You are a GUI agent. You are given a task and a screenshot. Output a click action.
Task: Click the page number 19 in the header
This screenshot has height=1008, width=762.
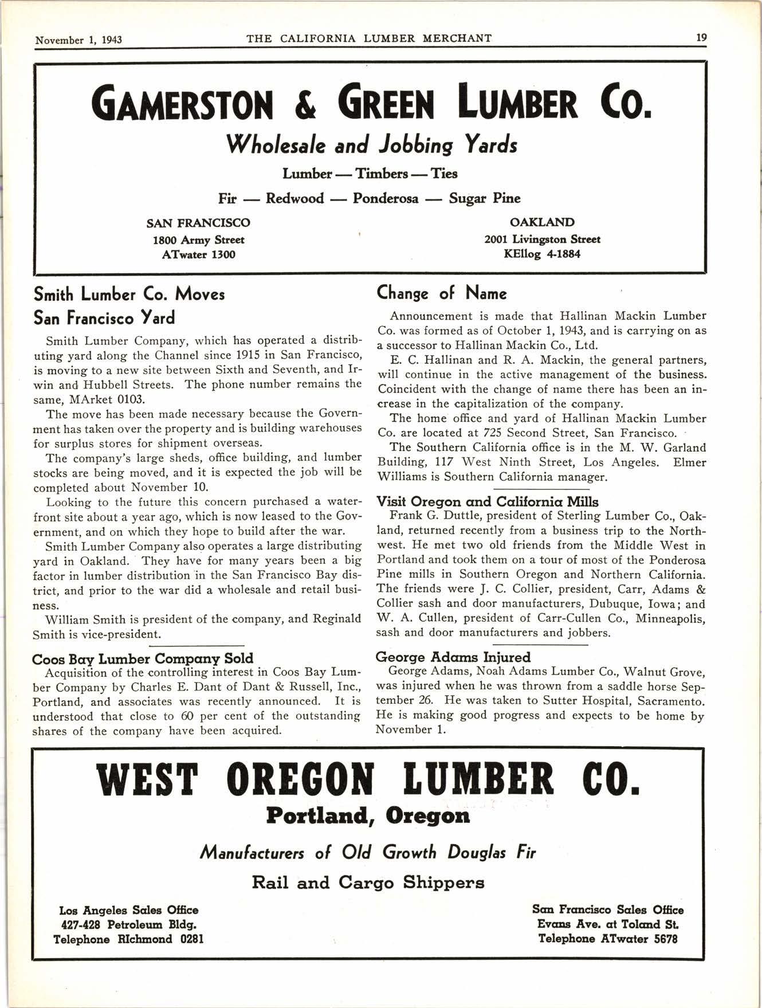[x=701, y=38]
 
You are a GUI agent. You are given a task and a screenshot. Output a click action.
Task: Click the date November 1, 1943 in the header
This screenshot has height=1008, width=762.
[x=78, y=40]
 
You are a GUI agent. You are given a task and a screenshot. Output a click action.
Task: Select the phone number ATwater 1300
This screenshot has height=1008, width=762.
[x=199, y=254]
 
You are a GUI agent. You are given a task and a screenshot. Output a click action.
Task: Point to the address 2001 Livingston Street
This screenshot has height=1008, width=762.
[x=542, y=239]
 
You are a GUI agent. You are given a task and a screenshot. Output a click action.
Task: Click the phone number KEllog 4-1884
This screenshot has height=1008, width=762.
[x=542, y=253]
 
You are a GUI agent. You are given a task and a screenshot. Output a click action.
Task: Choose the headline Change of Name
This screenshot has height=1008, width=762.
[x=442, y=293]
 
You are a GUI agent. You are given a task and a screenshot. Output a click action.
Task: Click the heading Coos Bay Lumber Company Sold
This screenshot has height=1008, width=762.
[x=143, y=658]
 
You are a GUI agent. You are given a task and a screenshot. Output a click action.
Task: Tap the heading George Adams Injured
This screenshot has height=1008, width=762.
[x=453, y=657]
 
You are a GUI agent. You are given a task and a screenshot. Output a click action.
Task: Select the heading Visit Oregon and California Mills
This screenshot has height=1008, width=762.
[x=487, y=501]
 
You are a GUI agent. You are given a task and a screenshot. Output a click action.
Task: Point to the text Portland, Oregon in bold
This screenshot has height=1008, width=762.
[x=368, y=815]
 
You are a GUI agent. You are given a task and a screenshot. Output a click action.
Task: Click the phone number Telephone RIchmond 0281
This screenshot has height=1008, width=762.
[x=128, y=939]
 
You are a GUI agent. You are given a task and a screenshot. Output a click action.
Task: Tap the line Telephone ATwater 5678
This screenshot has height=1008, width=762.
[x=608, y=939]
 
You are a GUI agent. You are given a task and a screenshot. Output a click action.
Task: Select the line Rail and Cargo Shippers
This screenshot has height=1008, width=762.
[x=368, y=882]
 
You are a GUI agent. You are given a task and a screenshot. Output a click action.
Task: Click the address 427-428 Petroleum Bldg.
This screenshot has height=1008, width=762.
[x=128, y=924]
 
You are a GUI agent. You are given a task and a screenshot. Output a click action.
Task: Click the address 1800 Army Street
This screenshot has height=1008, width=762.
[x=199, y=240]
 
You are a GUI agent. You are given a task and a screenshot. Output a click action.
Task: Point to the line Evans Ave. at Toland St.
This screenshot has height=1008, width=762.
[x=608, y=924]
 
